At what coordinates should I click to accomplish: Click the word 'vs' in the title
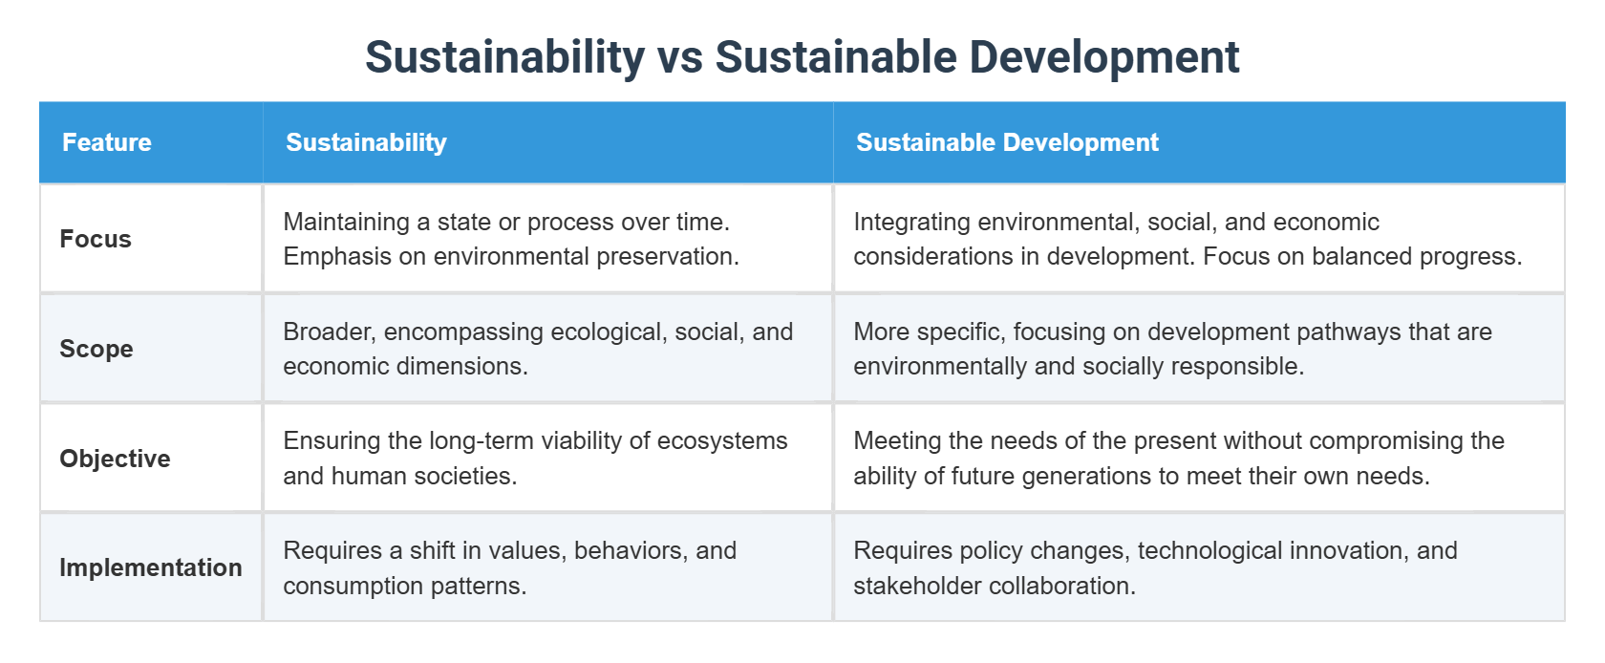click(679, 57)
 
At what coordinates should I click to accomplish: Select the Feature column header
click(107, 142)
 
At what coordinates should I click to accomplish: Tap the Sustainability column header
click(366, 142)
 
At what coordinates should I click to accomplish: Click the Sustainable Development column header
click(1007, 142)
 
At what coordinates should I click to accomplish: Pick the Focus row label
click(96, 239)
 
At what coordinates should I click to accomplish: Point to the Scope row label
click(96, 349)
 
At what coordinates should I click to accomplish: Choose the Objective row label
click(115, 459)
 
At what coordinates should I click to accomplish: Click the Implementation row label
click(151, 567)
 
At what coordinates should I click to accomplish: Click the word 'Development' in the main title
click(1103, 57)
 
